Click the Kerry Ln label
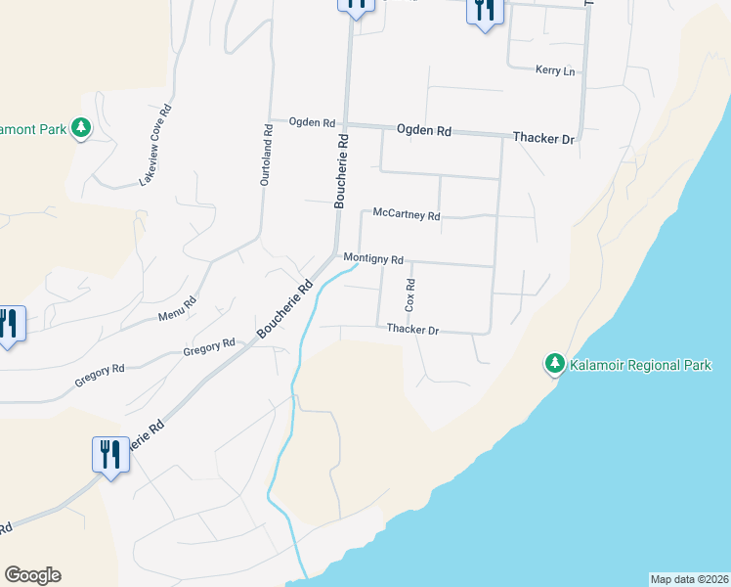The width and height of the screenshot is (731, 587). point(555,70)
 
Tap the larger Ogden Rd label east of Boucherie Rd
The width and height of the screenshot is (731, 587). point(424,130)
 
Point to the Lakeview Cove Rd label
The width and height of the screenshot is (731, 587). point(155,144)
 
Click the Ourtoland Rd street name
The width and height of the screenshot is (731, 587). point(265,155)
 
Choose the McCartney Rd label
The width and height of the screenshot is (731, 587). point(407,215)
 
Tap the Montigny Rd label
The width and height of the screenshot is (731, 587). point(373,259)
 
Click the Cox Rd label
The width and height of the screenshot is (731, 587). point(410,296)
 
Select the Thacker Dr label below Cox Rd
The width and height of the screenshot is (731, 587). point(412,330)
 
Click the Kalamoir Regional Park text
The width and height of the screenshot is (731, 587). point(642,365)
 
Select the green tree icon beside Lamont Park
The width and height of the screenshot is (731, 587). point(81,128)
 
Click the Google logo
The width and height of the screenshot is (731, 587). point(32,575)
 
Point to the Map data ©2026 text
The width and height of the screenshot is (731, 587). point(689,578)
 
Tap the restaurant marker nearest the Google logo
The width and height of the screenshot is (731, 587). point(110,454)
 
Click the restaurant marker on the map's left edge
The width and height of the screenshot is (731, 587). point(8,324)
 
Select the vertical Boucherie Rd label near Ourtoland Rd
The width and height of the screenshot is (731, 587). point(341,171)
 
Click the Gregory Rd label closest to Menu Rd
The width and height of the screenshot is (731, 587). point(210,345)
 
